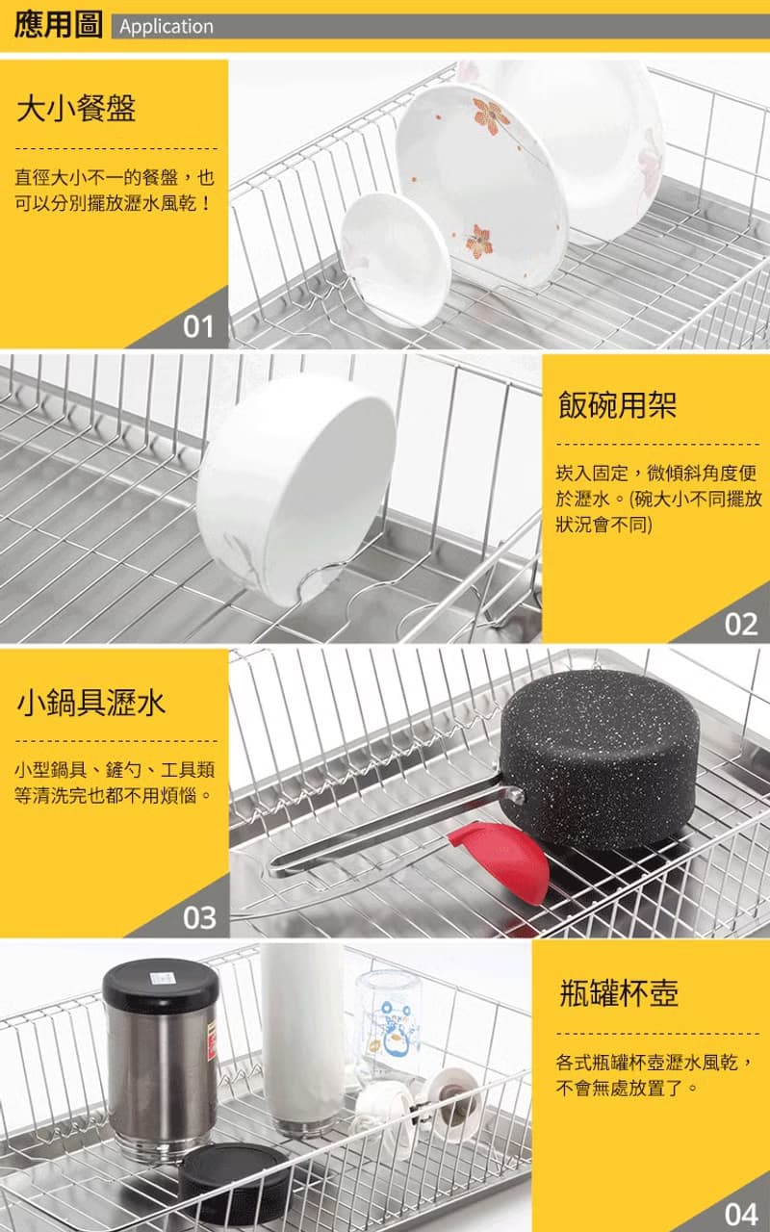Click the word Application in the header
coord(167,26)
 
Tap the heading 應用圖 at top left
coord(58,25)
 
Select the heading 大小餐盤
coord(76,108)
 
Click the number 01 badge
coord(198,326)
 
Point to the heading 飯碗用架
coord(617,405)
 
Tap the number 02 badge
coord(740,625)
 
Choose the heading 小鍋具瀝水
coord(90,703)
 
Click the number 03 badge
coord(199,918)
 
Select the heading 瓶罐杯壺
coord(619,992)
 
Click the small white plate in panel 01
coord(395,260)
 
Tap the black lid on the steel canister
coord(161,988)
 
